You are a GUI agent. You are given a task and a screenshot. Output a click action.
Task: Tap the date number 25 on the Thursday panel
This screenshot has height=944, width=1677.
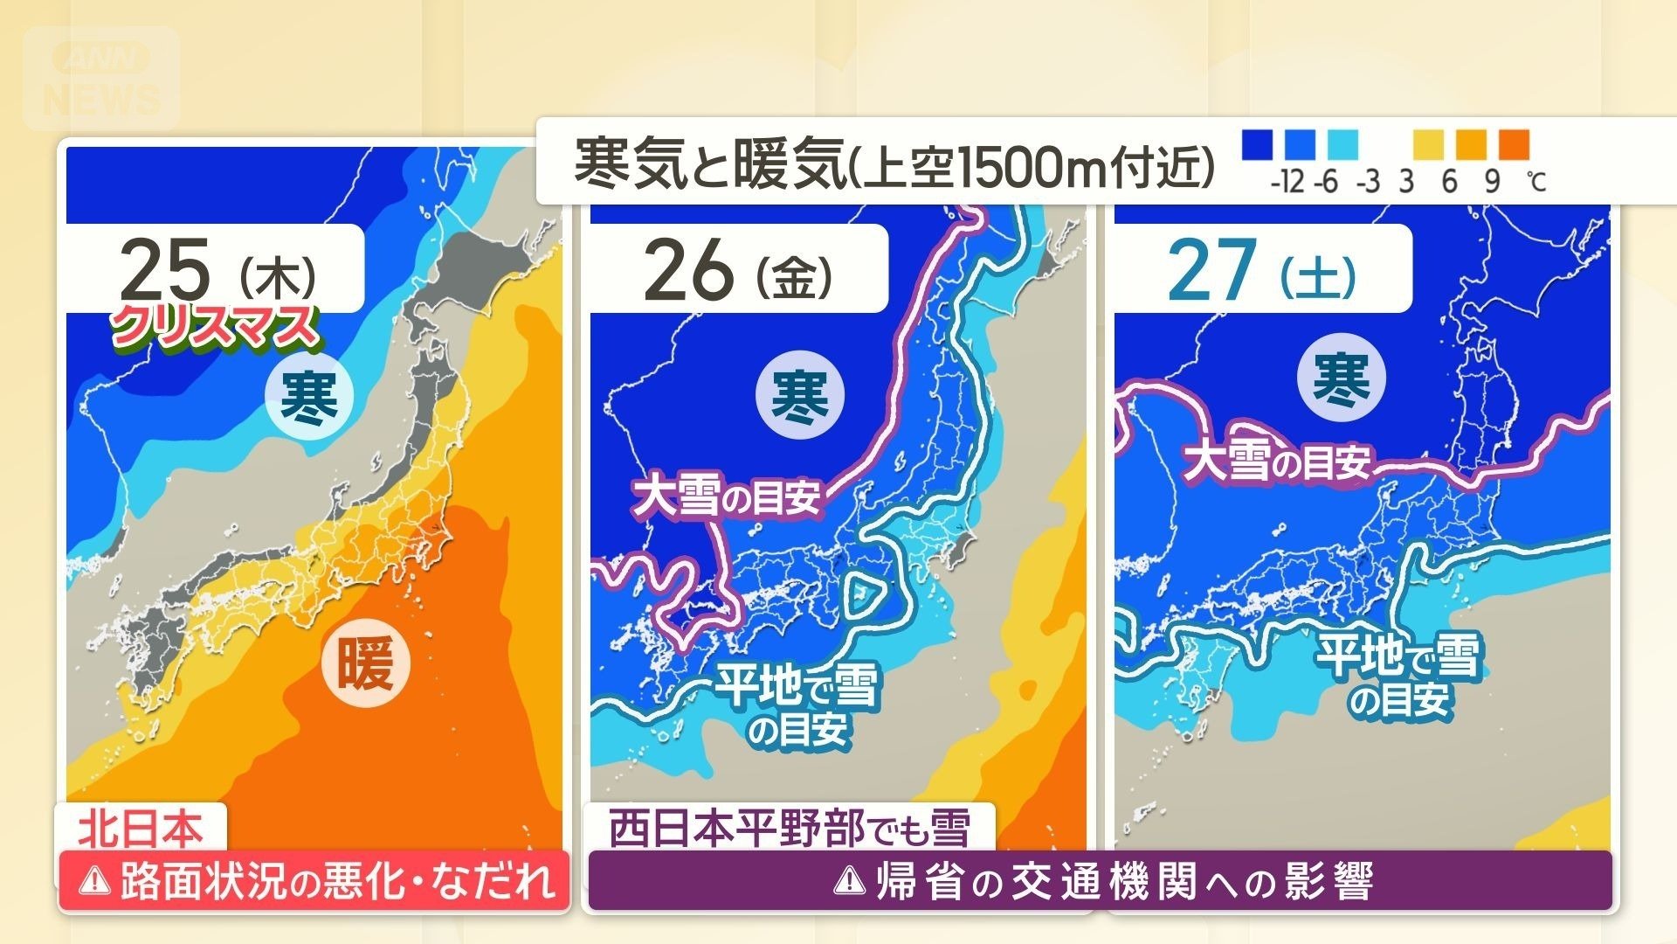[x=165, y=268]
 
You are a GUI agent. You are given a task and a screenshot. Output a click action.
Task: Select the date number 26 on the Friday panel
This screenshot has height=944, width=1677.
[x=687, y=268]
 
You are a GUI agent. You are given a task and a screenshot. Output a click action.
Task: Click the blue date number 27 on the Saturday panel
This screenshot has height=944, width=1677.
[x=1212, y=268]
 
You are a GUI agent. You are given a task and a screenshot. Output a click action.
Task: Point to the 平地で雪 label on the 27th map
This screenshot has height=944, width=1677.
[x=1400, y=657]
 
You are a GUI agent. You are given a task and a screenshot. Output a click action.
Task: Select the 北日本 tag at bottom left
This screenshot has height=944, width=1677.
[x=141, y=828]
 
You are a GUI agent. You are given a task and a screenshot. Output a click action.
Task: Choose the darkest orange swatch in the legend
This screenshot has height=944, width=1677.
[x=1514, y=144]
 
